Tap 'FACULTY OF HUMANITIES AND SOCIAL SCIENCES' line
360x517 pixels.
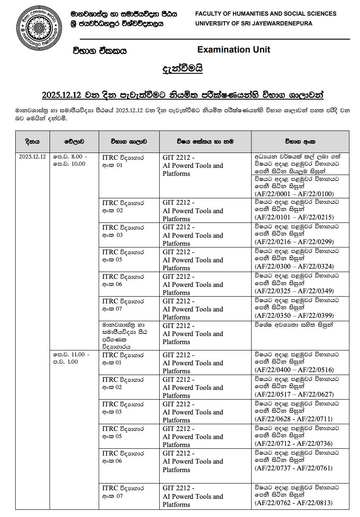pyautogui.click(x=266, y=14)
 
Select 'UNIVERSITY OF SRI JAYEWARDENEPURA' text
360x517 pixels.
pyautogui.click(x=254, y=24)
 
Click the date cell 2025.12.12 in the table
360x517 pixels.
pyautogui.click(x=32, y=156)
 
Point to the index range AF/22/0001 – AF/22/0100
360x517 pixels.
pyautogui.click(x=294, y=194)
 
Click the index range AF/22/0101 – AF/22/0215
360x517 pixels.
pyautogui.click(x=294, y=217)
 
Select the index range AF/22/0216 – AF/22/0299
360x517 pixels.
pyautogui.click(x=294, y=242)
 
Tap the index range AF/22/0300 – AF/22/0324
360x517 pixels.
pyautogui.click(x=294, y=267)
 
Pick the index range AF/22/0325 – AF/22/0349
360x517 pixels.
pyautogui.click(x=294, y=291)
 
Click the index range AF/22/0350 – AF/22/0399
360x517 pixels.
pyautogui.click(x=294, y=316)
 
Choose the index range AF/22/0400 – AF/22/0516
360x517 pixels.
pyautogui.click(x=294, y=370)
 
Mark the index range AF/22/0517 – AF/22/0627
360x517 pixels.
pyautogui.click(x=294, y=394)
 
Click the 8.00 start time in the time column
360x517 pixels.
pyautogui.click(x=78, y=156)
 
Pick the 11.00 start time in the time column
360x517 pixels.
pyautogui.click(x=79, y=354)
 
